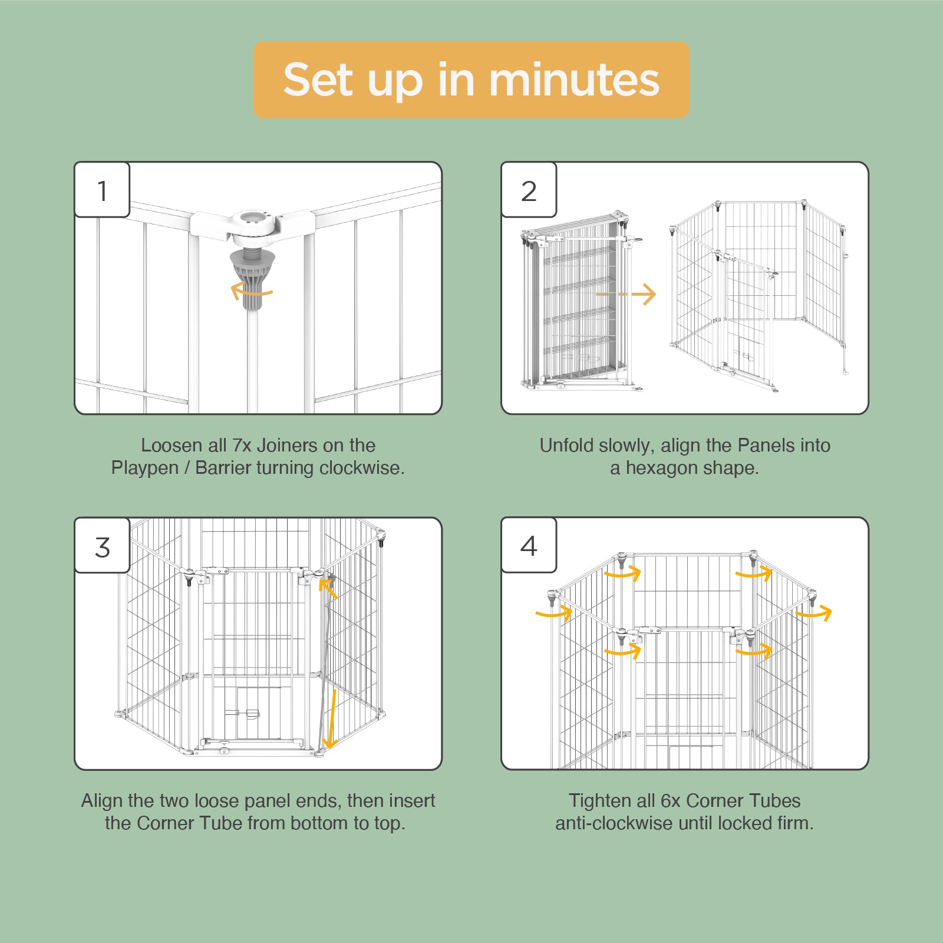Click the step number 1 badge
(x=102, y=190)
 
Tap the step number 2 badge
(x=529, y=190)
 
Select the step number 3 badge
(x=102, y=546)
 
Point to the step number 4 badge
(x=529, y=546)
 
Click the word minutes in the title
(x=574, y=80)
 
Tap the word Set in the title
(x=319, y=80)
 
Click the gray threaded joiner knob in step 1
(x=252, y=277)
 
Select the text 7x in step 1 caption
(x=242, y=446)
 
